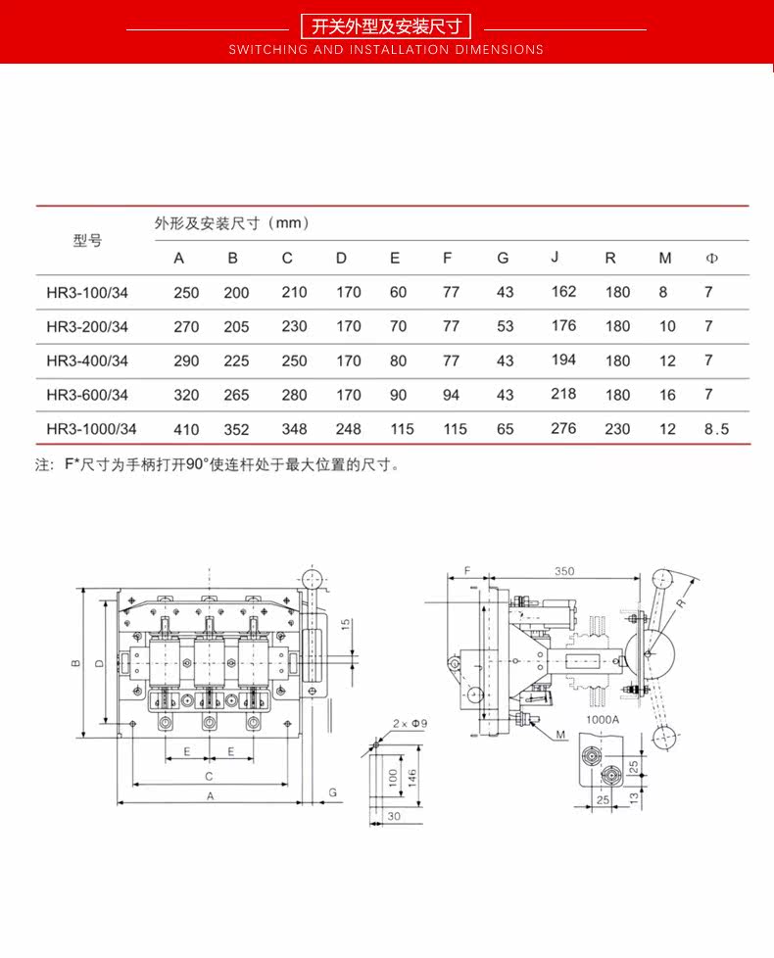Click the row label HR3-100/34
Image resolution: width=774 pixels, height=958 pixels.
click(87, 292)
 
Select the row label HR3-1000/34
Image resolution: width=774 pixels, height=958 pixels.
click(91, 429)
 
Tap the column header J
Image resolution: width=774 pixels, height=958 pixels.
click(555, 258)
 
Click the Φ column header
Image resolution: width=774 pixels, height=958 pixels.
click(712, 259)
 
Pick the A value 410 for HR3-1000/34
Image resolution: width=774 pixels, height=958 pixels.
click(186, 429)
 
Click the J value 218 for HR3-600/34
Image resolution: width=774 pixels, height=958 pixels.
click(563, 394)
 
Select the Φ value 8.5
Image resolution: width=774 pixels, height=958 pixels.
click(716, 429)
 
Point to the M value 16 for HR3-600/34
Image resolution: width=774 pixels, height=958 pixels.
click(667, 395)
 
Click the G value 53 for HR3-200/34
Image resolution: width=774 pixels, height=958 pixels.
click(505, 326)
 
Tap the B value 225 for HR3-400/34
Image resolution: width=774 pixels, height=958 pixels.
click(236, 360)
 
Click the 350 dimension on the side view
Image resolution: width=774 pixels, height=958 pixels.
click(563, 570)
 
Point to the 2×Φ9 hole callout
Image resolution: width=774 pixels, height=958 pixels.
click(410, 724)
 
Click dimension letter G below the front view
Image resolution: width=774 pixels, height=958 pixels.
click(332, 790)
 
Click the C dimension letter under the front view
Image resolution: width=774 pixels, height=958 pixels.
click(209, 775)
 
